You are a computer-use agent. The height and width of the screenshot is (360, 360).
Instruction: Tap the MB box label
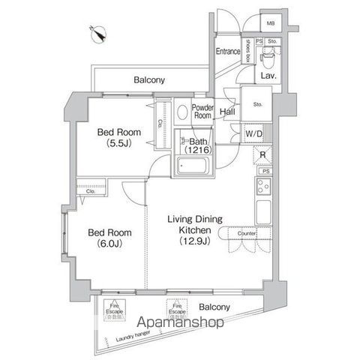[270, 22]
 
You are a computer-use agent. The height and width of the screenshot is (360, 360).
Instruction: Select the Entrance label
[228, 52]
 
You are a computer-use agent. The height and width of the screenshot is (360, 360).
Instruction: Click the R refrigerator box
[262, 157]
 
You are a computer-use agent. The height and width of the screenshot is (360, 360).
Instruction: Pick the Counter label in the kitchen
[247, 234]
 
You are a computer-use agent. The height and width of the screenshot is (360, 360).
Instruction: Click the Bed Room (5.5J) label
[116, 136]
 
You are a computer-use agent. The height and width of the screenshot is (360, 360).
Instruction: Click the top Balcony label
[150, 79]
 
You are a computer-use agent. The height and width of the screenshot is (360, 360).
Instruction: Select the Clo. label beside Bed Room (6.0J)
[90, 191]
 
